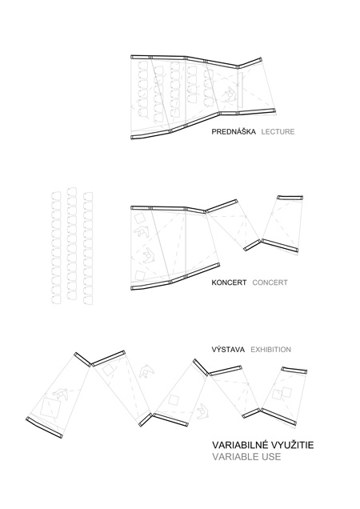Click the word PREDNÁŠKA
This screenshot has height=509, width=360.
point(234,131)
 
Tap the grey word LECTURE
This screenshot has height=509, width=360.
point(278,131)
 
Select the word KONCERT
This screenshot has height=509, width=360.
point(229,283)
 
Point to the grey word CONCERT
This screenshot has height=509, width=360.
point(270,283)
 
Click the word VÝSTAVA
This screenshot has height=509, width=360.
point(228,349)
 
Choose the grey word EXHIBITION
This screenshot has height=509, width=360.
point(270,350)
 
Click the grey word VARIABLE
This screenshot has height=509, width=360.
point(233,456)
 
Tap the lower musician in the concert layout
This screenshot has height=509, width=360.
point(150,256)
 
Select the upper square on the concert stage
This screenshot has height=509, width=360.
point(140,218)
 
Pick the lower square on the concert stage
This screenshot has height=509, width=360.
point(140,275)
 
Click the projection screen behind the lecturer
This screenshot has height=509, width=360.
point(241,90)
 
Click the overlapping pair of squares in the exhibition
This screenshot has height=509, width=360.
point(282,393)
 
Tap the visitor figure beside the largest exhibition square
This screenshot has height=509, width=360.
point(60,394)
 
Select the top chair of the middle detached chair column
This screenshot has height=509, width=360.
point(72,190)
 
